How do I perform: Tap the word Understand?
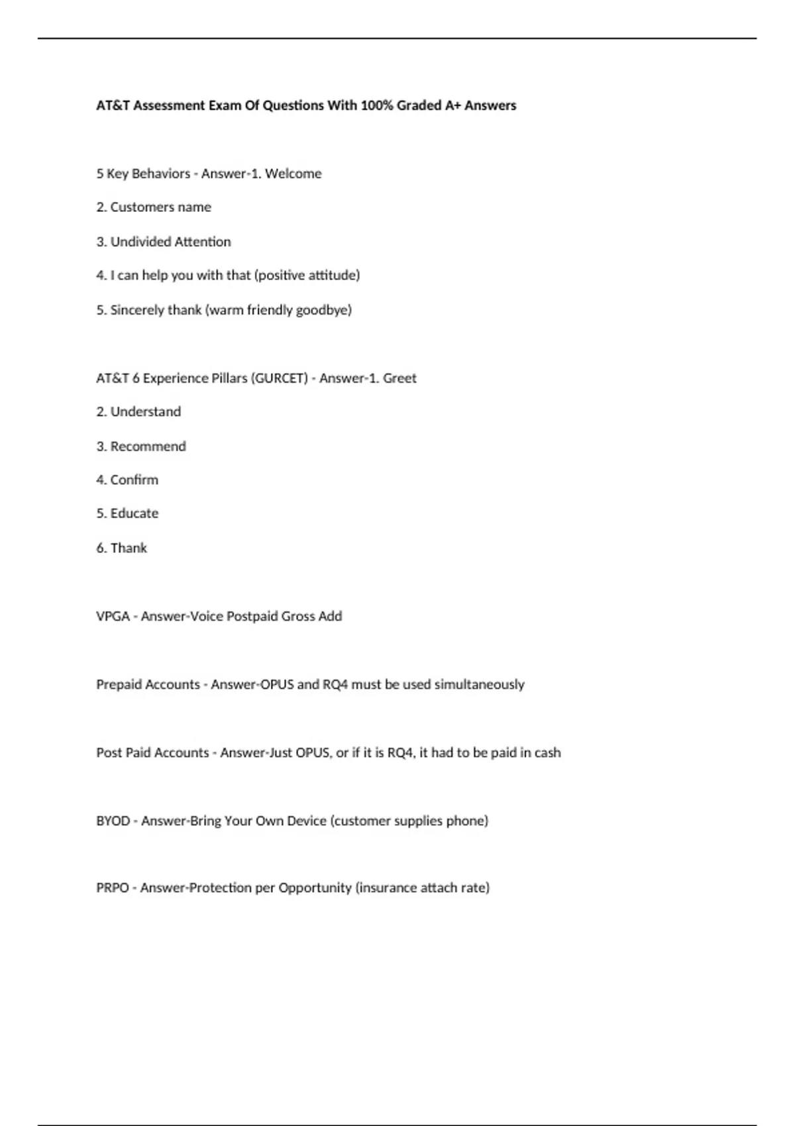(x=145, y=412)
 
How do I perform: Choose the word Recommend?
(x=148, y=446)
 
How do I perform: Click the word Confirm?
(x=134, y=480)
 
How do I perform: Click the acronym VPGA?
(x=113, y=616)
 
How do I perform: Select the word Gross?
(x=297, y=616)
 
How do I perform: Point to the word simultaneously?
(x=479, y=684)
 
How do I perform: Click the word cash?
(x=547, y=752)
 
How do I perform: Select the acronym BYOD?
(x=113, y=821)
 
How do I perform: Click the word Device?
(x=307, y=821)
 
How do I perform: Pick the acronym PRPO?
(x=112, y=888)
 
